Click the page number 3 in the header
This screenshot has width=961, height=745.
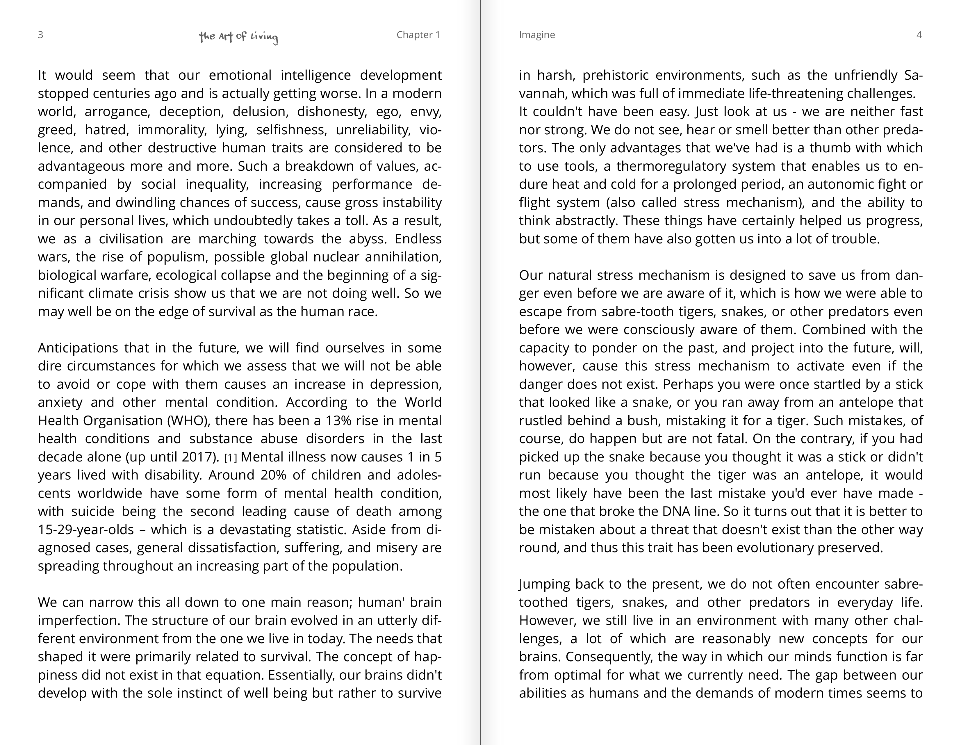click(x=40, y=35)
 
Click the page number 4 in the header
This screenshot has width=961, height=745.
click(x=919, y=35)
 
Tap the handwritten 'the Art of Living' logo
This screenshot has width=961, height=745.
click(x=238, y=37)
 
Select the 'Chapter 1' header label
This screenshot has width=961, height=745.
click(x=418, y=35)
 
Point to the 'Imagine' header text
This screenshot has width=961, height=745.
click(x=537, y=35)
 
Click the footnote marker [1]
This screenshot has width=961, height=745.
click(x=231, y=458)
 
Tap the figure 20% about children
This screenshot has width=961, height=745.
click(x=273, y=475)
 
